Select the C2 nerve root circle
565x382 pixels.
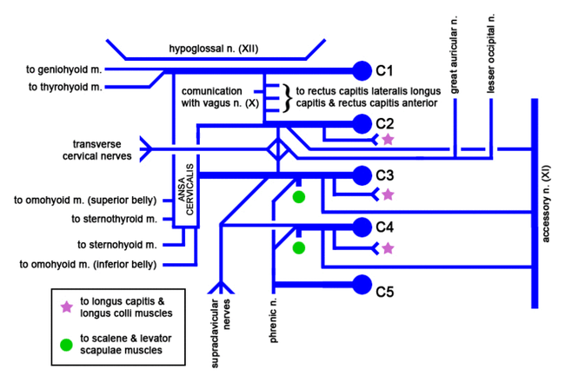[362, 123]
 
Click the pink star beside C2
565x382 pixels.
[388, 138]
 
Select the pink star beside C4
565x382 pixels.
[388, 248]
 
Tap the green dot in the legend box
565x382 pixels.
[67, 345]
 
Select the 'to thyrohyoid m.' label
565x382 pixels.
[65, 87]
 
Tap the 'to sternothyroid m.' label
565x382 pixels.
[114, 218]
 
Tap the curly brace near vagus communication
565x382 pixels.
[285, 96]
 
